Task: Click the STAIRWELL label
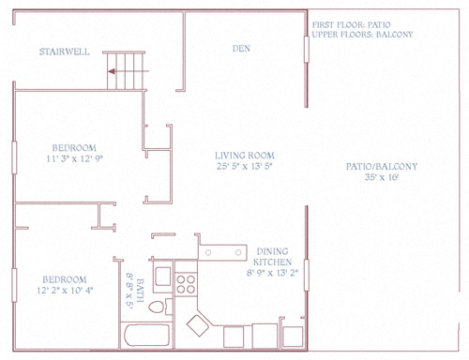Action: point(65,52)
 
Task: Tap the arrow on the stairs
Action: point(128,71)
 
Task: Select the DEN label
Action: point(241,49)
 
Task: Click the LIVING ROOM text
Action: point(245,156)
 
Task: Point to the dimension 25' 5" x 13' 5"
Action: point(245,166)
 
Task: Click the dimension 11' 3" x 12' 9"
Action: point(75,158)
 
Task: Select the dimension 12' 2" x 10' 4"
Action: point(65,291)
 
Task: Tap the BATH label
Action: point(140,291)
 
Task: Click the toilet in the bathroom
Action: point(157,307)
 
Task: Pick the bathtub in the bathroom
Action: point(147,336)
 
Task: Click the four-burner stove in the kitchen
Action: point(186,284)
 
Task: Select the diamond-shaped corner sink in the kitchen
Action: point(198,325)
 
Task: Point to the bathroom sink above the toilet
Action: point(163,276)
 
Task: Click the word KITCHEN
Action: point(272,262)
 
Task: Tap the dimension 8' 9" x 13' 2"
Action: point(272,273)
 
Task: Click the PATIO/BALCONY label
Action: point(382,167)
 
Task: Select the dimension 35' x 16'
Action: point(382,177)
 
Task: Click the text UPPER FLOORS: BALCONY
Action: point(362,35)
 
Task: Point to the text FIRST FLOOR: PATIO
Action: point(351,24)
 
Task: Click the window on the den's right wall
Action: point(307,49)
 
